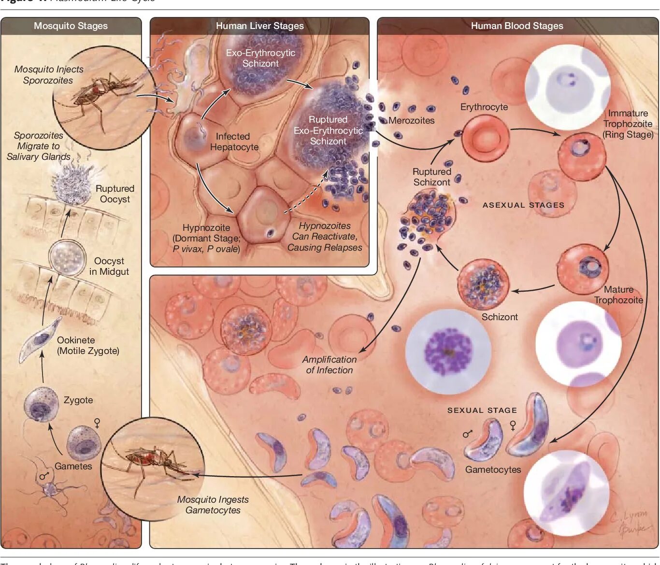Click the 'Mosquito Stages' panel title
click(x=71, y=26)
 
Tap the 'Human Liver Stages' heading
click(x=259, y=26)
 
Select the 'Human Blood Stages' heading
click(x=517, y=26)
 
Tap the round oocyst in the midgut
click(x=67, y=257)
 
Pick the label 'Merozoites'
click(x=411, y=121)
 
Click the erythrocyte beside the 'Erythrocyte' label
click(x=485, y=138)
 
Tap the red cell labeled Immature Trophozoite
click(x=582, y=156)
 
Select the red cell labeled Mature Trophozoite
click(x=582, y=269)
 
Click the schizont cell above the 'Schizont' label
click(x=483, y=284)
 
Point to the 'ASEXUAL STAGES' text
click(x=523, y=205)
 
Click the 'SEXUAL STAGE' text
click(x=482, y=410)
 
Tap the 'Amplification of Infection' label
click(x=330, y=365)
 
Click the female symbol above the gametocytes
click(x=513, y=425)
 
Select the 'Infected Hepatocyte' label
click(x=234, y=142)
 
